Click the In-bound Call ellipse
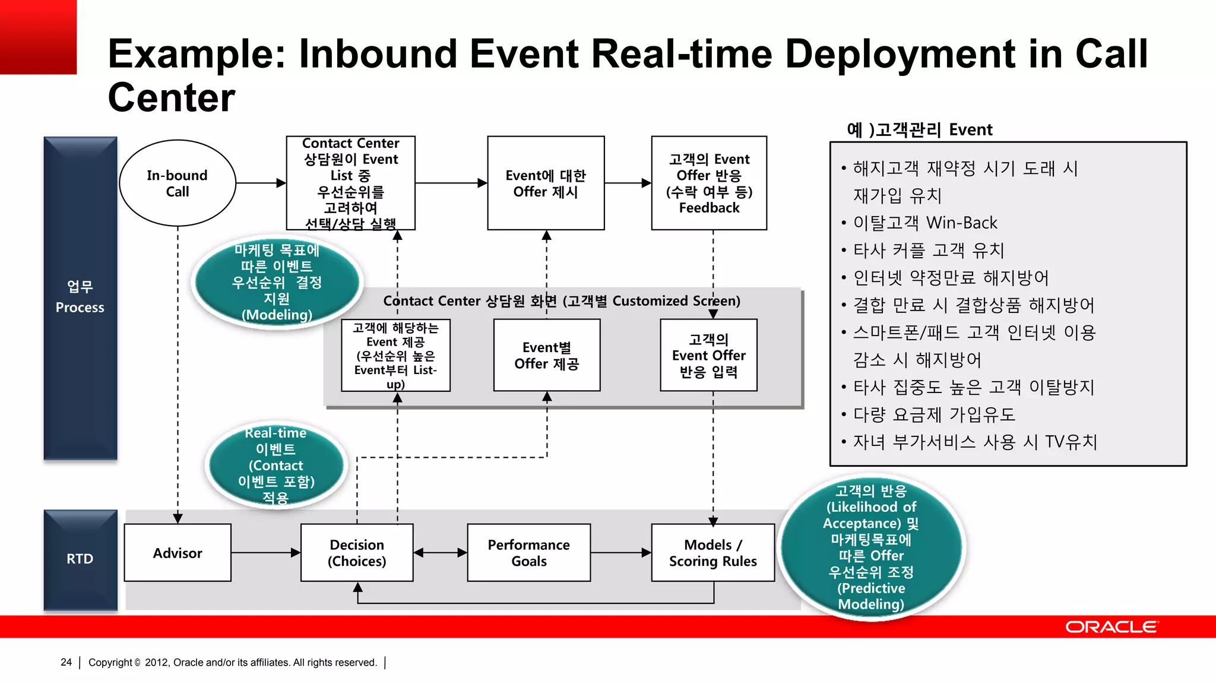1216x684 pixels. pyautogui.click(x=178, y=183)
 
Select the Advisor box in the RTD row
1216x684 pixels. pyautogui.click(x=178, y=553)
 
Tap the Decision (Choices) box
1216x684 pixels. pyautogui.click(x=357, y=553)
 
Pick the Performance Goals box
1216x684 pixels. pyautogui.click(x=528, y=553)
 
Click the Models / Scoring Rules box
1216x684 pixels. pyautogui.click(x=712, y=553)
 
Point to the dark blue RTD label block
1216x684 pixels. pyautogui.click(x=80, y=559)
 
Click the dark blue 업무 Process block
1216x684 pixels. pyautogui.click(x=80, y=297)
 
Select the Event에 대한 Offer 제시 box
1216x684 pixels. pyautogui.click(x=546, y=183)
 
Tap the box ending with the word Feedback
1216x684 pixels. pyautogui.click(x=709, y=183)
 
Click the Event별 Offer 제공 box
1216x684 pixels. pyautogui.click(x=547, y=355)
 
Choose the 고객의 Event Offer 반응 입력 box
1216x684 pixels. pyautogui.click(x=708, y=355)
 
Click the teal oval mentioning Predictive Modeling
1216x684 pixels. pyautogui.click(x=871, y=547)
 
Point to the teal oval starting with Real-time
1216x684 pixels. pyautogui.click(x=276, y=465)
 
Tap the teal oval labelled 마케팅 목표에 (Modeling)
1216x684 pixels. pyautogui.click(x=277, y=282)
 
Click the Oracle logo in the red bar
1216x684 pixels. pyautogui.click(x=1111, y=627)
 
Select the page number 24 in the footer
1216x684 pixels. pyautogui.click(x=66, y=662)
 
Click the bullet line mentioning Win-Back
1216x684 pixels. pyautogui.click(x=924, y=223)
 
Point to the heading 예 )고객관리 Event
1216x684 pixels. pyautogui.click(x=919, y=129)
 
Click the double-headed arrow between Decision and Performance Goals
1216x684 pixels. pyautogui.click(x=440, y=553)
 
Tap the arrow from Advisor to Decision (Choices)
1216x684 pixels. pyautogui.click(x=266, y=553)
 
